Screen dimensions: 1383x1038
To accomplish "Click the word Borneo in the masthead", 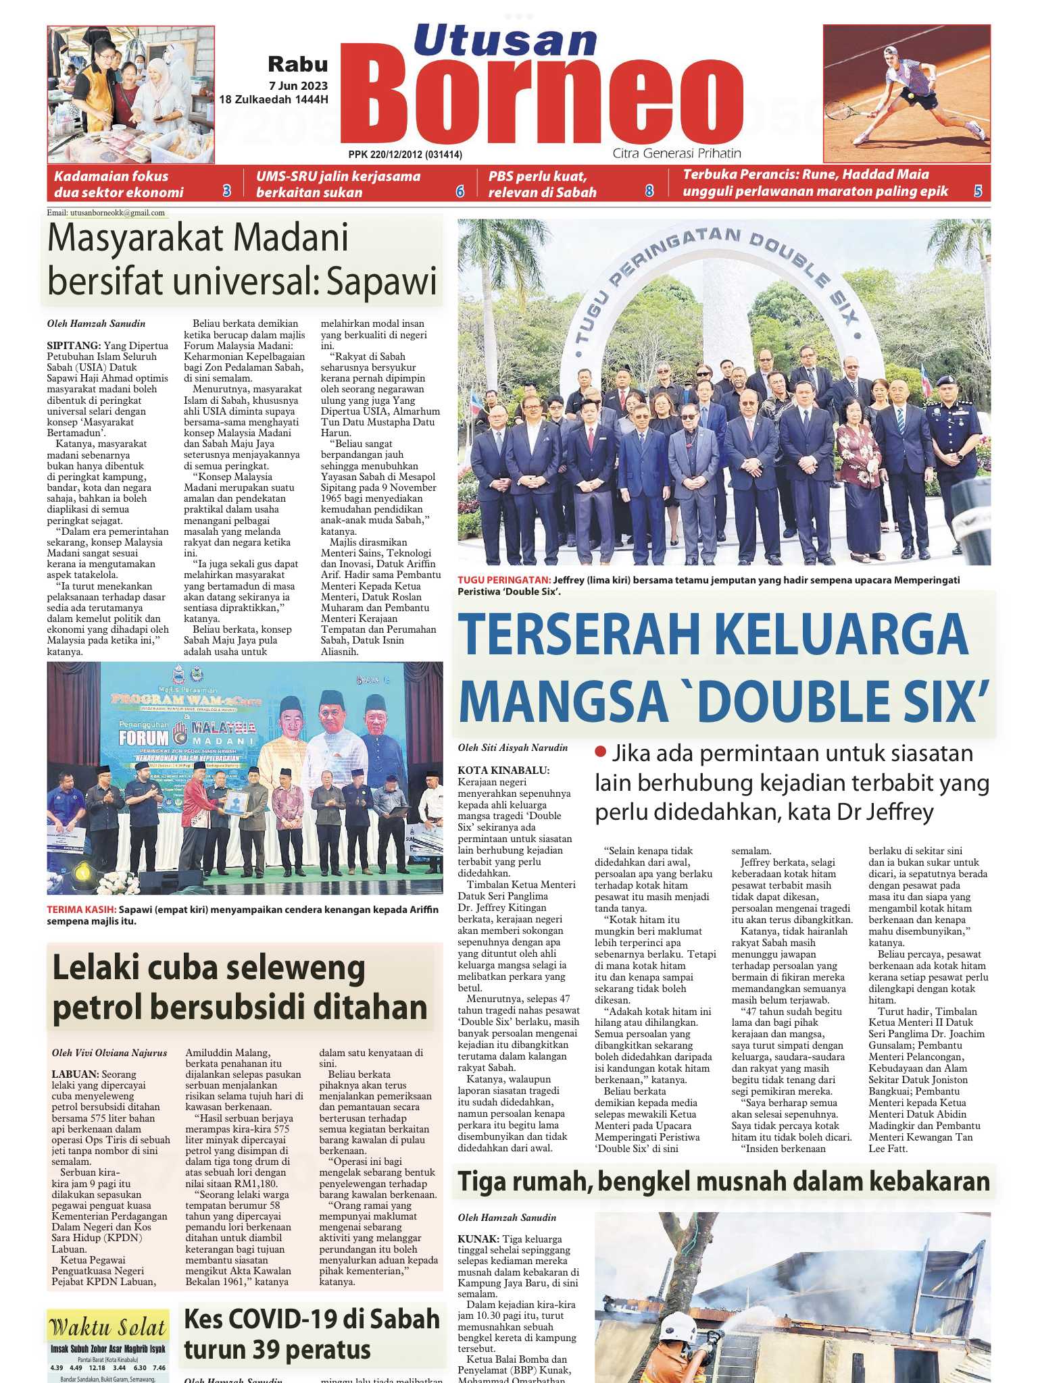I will click(x=541, y=101).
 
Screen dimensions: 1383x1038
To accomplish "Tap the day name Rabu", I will click(x=298, y=64).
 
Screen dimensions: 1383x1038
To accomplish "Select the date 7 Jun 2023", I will click(x=298, y=86).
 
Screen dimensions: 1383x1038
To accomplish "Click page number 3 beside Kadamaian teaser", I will click(x=227, y=191).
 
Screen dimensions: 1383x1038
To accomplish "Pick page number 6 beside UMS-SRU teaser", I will click(x=460, y=191).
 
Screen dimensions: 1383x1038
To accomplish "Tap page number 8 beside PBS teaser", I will click(x=649, y=191).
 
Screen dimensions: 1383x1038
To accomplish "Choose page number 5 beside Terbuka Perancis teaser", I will click(x=978, y=191).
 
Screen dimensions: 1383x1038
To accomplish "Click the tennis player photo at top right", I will click(x=906, y=93).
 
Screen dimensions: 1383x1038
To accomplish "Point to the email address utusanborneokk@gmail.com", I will click(x=106, y=213).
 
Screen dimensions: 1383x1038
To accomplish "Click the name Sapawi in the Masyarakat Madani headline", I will click(x=382, y=281).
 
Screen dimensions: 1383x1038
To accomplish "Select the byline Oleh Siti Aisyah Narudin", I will click(x=513, y=748).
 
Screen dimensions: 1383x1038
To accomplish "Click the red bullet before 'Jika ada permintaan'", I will click(x=599, y=752).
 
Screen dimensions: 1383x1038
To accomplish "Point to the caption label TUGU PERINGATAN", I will click(x=504, y=580).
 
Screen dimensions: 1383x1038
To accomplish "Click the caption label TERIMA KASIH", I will click(x=81, y=910).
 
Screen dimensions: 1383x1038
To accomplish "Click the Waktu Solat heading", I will click(x=107, y=1327).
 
